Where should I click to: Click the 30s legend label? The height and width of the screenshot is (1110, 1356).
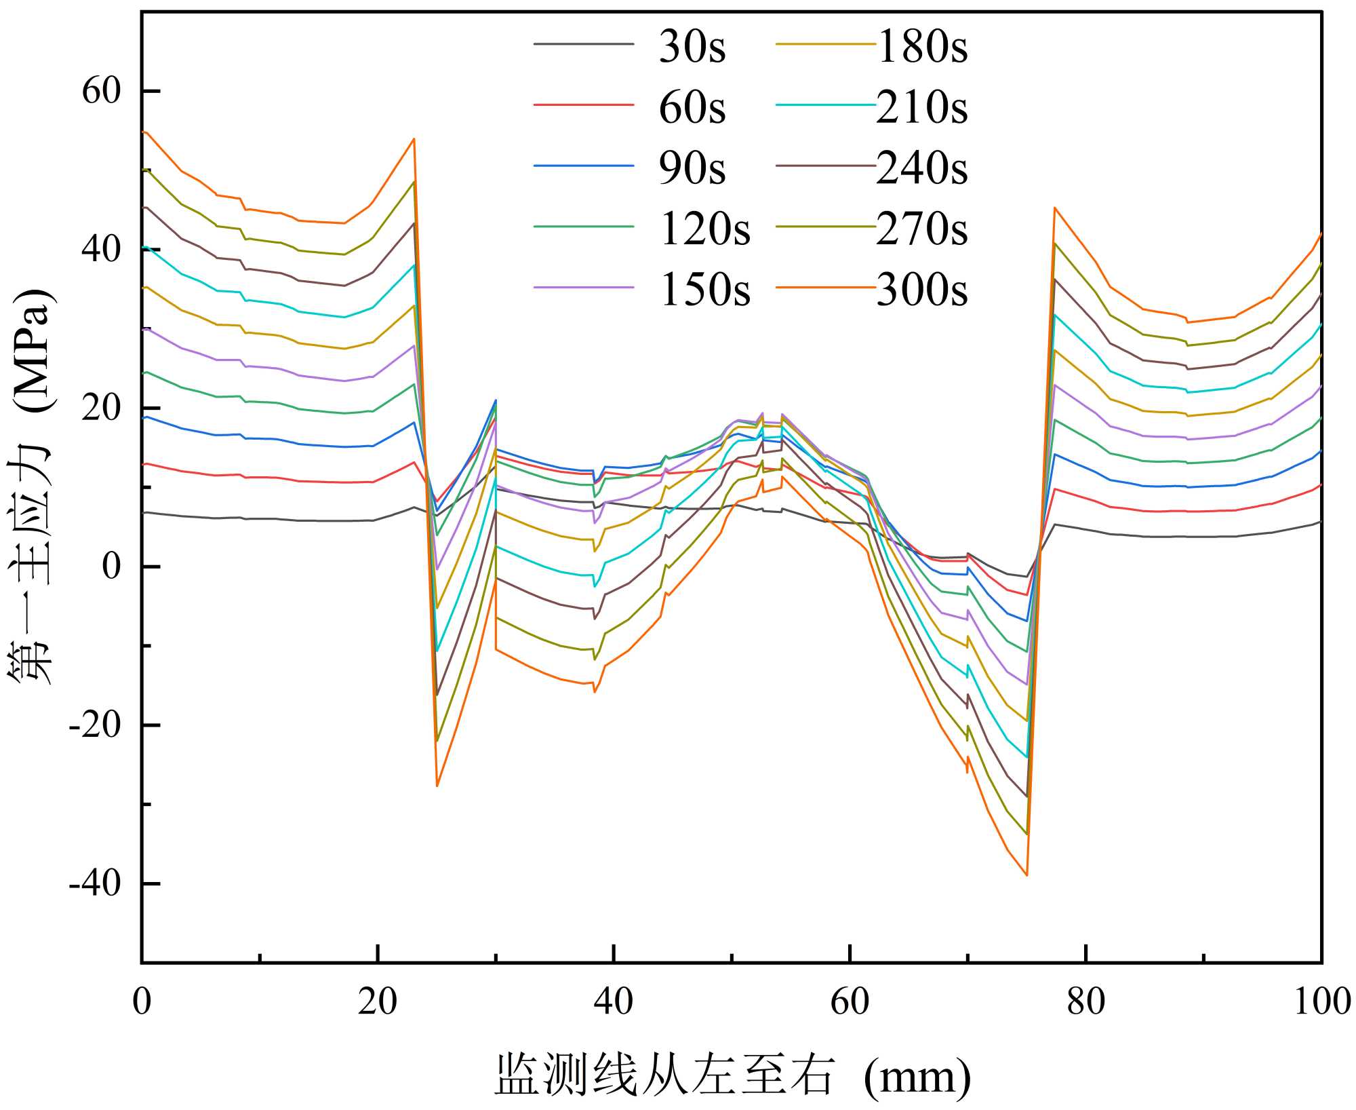(x=692, y=47)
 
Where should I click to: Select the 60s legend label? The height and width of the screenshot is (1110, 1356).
(x=692, y=107)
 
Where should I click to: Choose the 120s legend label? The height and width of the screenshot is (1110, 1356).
(x=705, y=229)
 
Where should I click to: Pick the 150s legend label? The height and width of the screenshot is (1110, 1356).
(x=705, y=290)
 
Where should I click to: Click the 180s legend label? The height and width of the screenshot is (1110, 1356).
(x=922, y=47)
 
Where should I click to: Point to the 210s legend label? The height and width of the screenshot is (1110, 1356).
(x=922, y=107)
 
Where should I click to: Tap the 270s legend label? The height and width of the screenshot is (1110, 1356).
(x=922, y=229)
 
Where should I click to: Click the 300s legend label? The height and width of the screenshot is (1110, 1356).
(x=922, y=290)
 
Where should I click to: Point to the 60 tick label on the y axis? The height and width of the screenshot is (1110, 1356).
(x=102, y=90)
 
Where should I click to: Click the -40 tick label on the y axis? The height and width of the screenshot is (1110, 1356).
(x=95, y=883)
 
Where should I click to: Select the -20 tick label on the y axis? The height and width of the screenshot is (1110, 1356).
(x=95, y=725)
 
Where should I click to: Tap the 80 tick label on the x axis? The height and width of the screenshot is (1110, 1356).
(x=1085, y=1001)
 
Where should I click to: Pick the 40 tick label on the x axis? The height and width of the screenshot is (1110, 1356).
(x=613, y=1001)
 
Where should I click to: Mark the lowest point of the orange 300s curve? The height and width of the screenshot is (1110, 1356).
(x=1026, y=875)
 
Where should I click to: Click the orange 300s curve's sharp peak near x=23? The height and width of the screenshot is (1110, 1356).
(x=414, y=139)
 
